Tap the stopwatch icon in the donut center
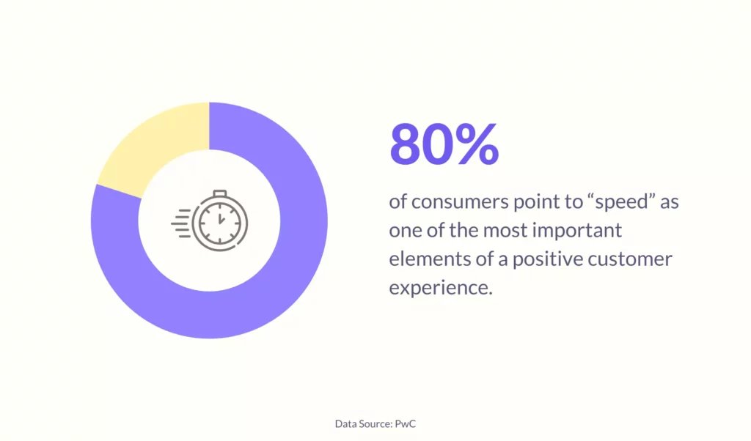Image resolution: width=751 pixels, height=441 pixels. [210, 220]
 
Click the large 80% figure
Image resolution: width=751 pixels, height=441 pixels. [444, 144]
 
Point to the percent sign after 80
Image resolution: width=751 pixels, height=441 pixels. [477, 144]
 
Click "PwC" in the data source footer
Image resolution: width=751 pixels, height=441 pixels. [405, 423]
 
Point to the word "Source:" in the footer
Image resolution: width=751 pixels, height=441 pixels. [376, 423]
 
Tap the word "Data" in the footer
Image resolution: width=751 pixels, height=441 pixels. [345, 423]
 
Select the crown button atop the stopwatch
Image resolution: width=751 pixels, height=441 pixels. [220, 193]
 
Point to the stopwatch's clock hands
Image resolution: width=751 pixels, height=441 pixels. [220, 220]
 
